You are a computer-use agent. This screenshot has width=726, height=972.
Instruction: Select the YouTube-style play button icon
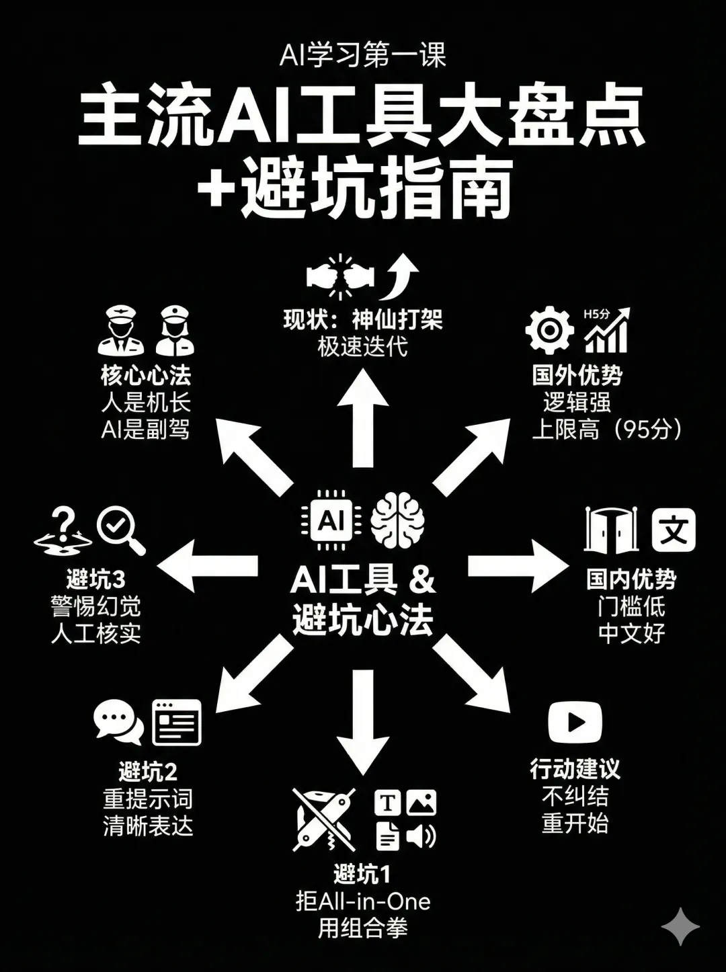(575, 722)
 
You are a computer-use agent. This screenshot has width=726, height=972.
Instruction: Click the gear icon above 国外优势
(549, 330)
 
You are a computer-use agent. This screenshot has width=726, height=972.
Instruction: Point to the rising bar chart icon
(607, 330)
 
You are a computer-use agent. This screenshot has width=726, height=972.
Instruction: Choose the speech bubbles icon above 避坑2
(118, 722)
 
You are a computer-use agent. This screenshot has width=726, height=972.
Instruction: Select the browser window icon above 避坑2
(177, 722)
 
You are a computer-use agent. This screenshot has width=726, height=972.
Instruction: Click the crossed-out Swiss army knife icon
(324, 819)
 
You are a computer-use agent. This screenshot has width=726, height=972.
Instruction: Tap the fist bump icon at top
(339, 276)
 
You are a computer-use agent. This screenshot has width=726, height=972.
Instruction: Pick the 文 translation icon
(674, 530)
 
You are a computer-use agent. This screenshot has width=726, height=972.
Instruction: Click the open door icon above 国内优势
(610, 530)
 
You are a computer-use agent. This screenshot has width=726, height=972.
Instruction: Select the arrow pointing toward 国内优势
(518, 565)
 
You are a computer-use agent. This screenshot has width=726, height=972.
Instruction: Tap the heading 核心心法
(146, 375)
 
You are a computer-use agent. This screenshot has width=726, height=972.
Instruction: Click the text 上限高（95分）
(607, 430)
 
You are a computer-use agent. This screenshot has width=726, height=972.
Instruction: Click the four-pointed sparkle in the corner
(680, 927)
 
